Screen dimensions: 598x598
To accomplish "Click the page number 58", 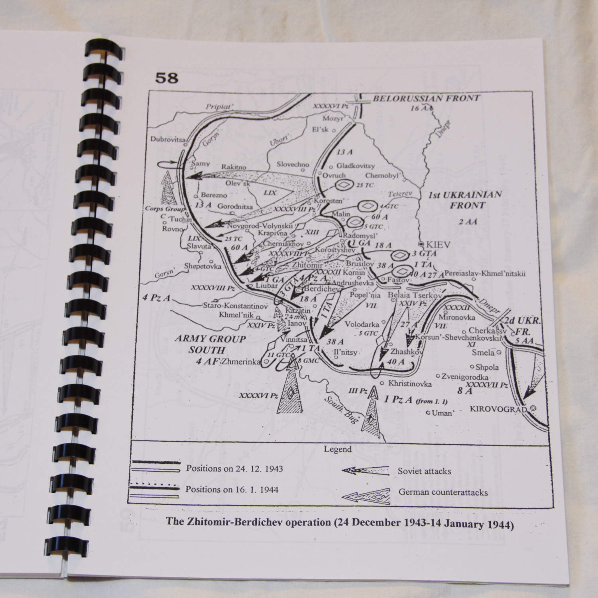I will coord(167,78).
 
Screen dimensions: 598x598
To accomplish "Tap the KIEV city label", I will coord(438,244).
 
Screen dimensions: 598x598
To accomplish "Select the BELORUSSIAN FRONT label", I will coord(426,98).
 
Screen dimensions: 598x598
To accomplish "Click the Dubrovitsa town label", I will coord(168,139).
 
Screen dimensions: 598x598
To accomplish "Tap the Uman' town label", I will coord(442,413).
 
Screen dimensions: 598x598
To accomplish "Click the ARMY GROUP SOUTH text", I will coord(210,344).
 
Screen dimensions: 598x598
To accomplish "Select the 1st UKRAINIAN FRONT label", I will coord(465,200).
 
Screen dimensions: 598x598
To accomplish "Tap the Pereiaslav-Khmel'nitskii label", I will coord(485,273).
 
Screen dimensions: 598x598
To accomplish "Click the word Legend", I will coord(337,449).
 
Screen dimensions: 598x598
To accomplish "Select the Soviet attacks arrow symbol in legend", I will coord(365,471).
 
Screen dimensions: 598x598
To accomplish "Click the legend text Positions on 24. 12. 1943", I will coord(234,468).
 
